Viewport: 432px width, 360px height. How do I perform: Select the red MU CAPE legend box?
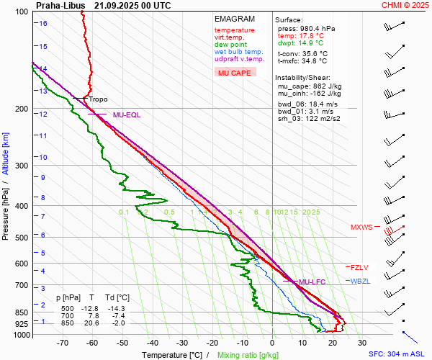click(234, 73)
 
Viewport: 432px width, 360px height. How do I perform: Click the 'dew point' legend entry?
click(230, 45)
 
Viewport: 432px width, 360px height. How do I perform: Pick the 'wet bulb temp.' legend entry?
click(238, 52)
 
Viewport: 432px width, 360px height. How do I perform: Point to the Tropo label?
click(98, 99)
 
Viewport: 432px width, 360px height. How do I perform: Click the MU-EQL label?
click(127, 114)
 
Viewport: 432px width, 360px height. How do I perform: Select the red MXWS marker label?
click(361, 228)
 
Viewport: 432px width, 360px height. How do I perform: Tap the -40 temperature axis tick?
click(152, 343)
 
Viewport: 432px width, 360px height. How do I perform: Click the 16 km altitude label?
click(44, 24)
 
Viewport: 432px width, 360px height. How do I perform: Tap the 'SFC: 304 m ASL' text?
click(398, 354)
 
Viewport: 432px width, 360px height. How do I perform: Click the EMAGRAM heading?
click(235, 19)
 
